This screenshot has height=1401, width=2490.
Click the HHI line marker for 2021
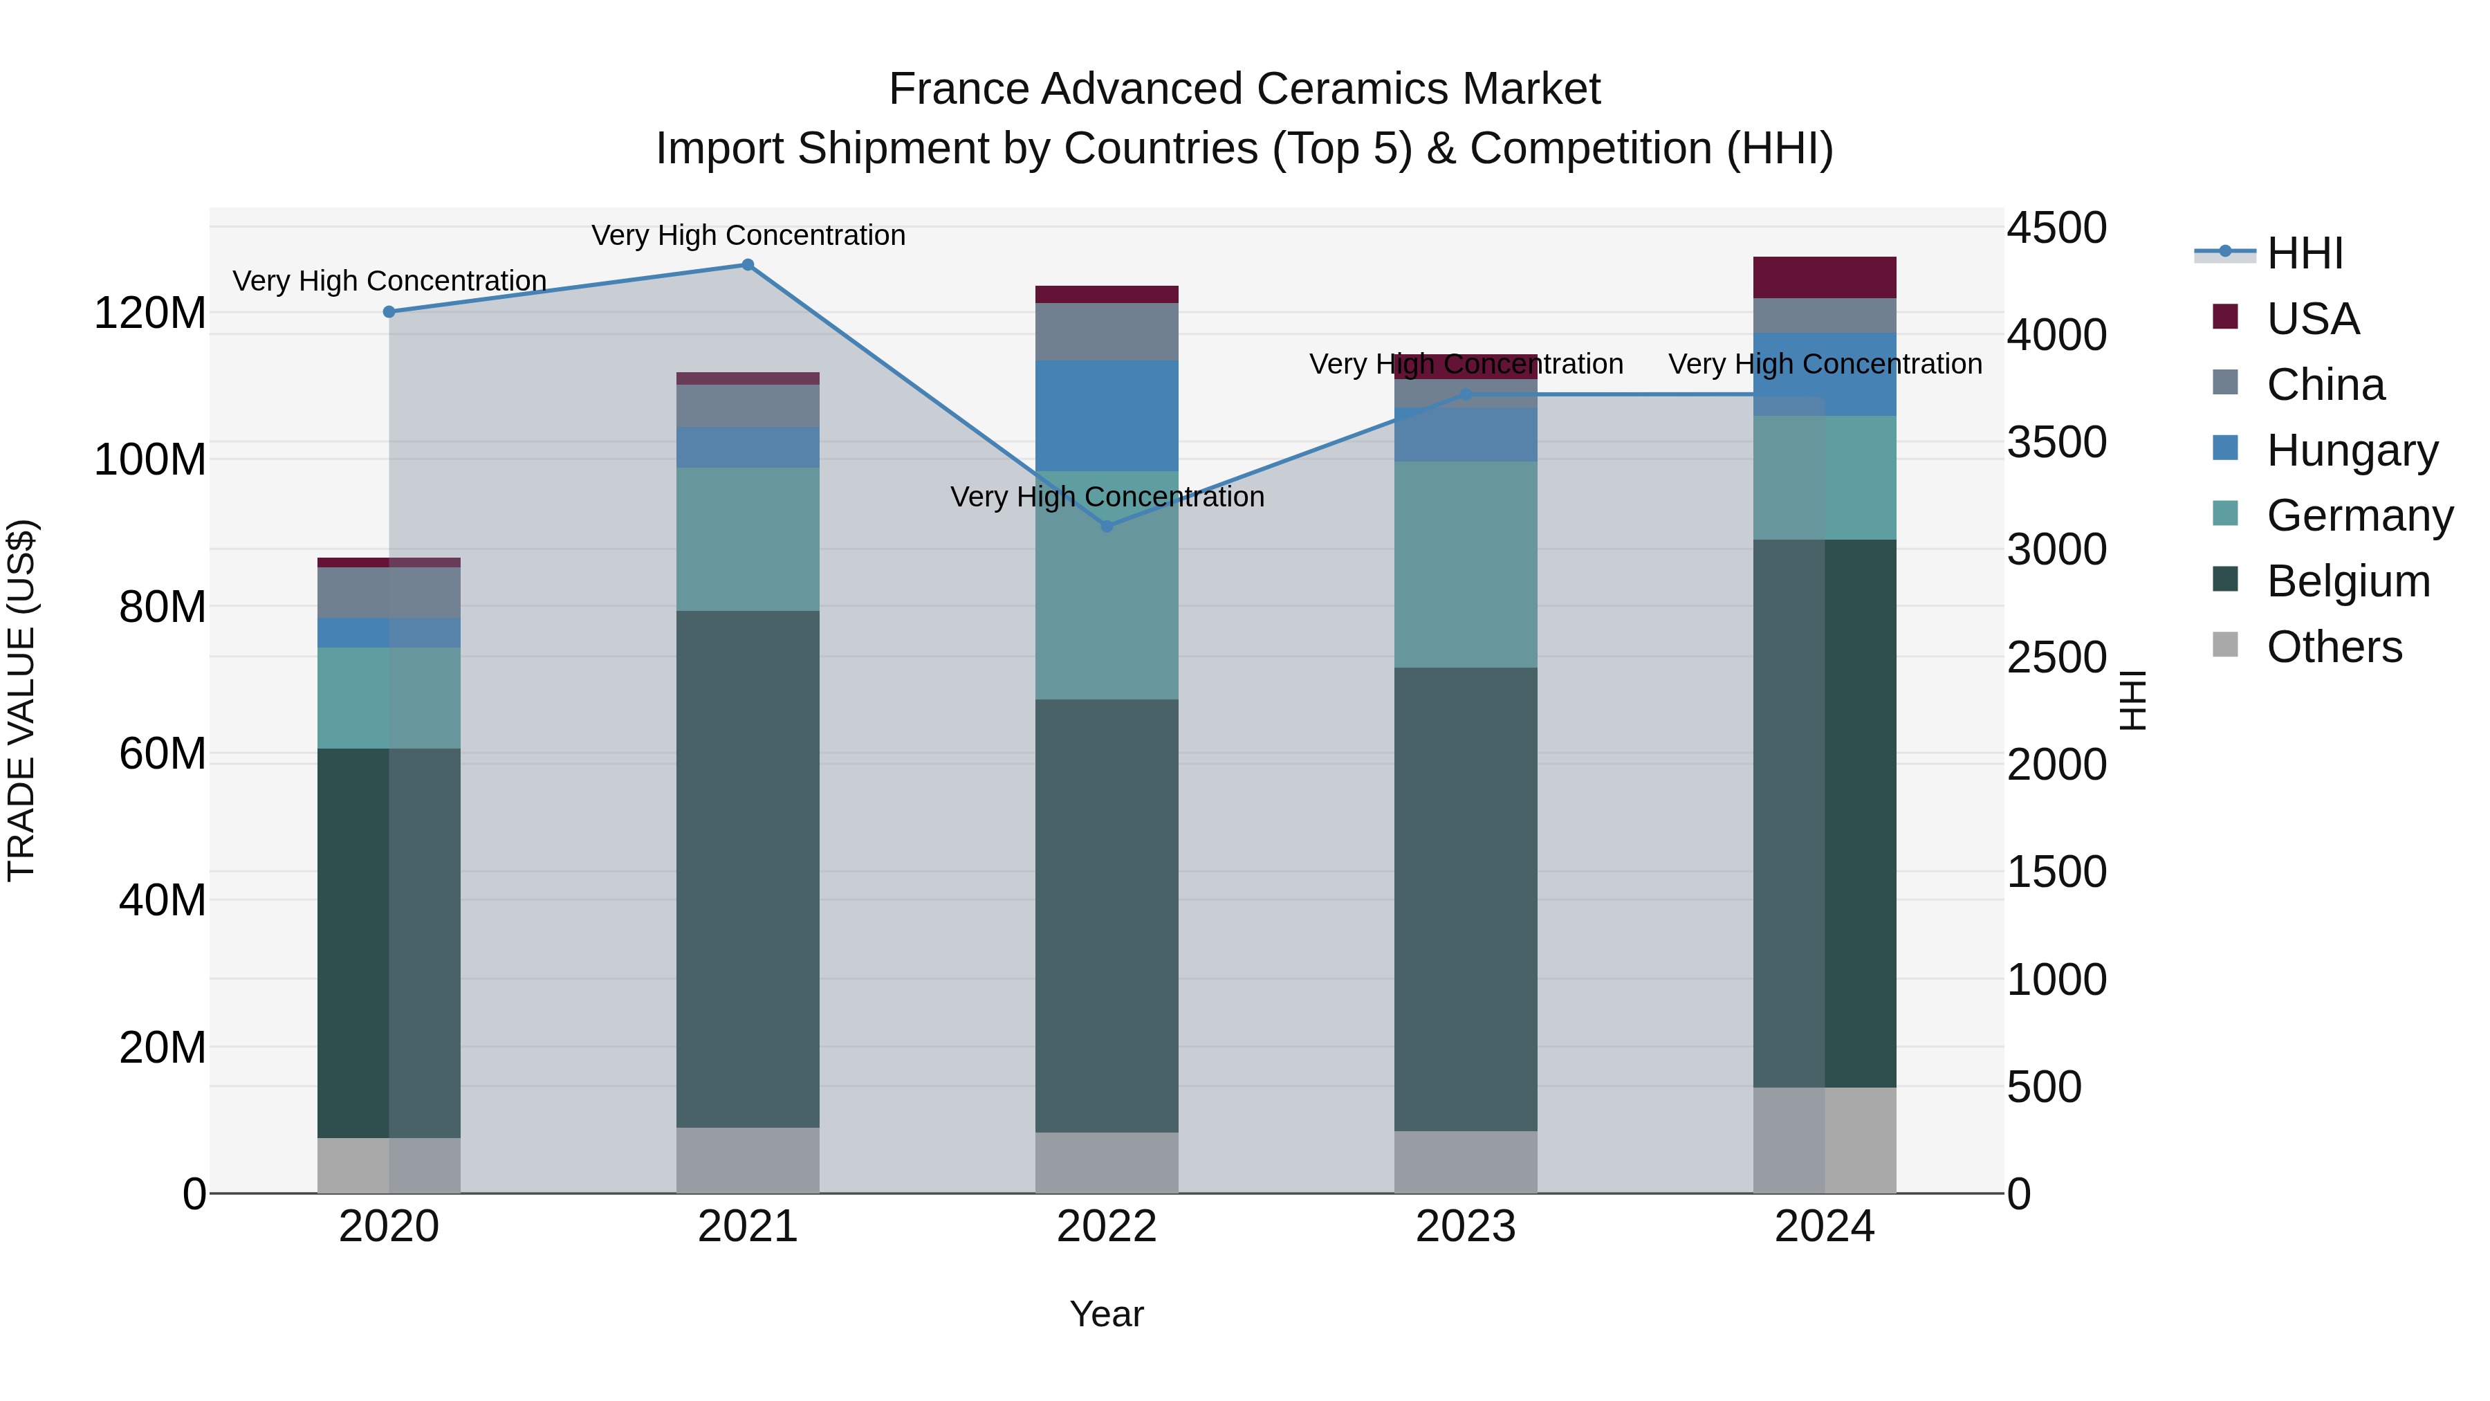(747, 265)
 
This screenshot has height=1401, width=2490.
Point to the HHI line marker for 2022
(1107, 526)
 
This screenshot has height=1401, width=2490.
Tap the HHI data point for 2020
(389, 311)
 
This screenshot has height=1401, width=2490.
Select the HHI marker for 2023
(1466, 394)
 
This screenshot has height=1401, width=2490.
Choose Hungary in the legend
(2351, 450)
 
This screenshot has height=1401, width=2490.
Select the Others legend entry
(2334, 647)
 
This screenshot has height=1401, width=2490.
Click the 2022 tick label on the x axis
(1107, 1226)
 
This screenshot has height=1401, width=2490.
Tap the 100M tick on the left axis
(150, 459)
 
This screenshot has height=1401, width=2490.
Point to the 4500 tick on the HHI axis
(2057, 228)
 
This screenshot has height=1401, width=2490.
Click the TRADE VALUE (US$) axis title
(21, 700)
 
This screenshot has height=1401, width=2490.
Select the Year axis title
(1107, 1314)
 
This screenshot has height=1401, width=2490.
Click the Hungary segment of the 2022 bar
(1107, 416)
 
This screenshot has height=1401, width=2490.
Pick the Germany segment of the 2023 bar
(1466, 565)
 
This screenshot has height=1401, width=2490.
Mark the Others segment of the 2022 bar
(1107, 1162)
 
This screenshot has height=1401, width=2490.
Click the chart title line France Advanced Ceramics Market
(1244, 89)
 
